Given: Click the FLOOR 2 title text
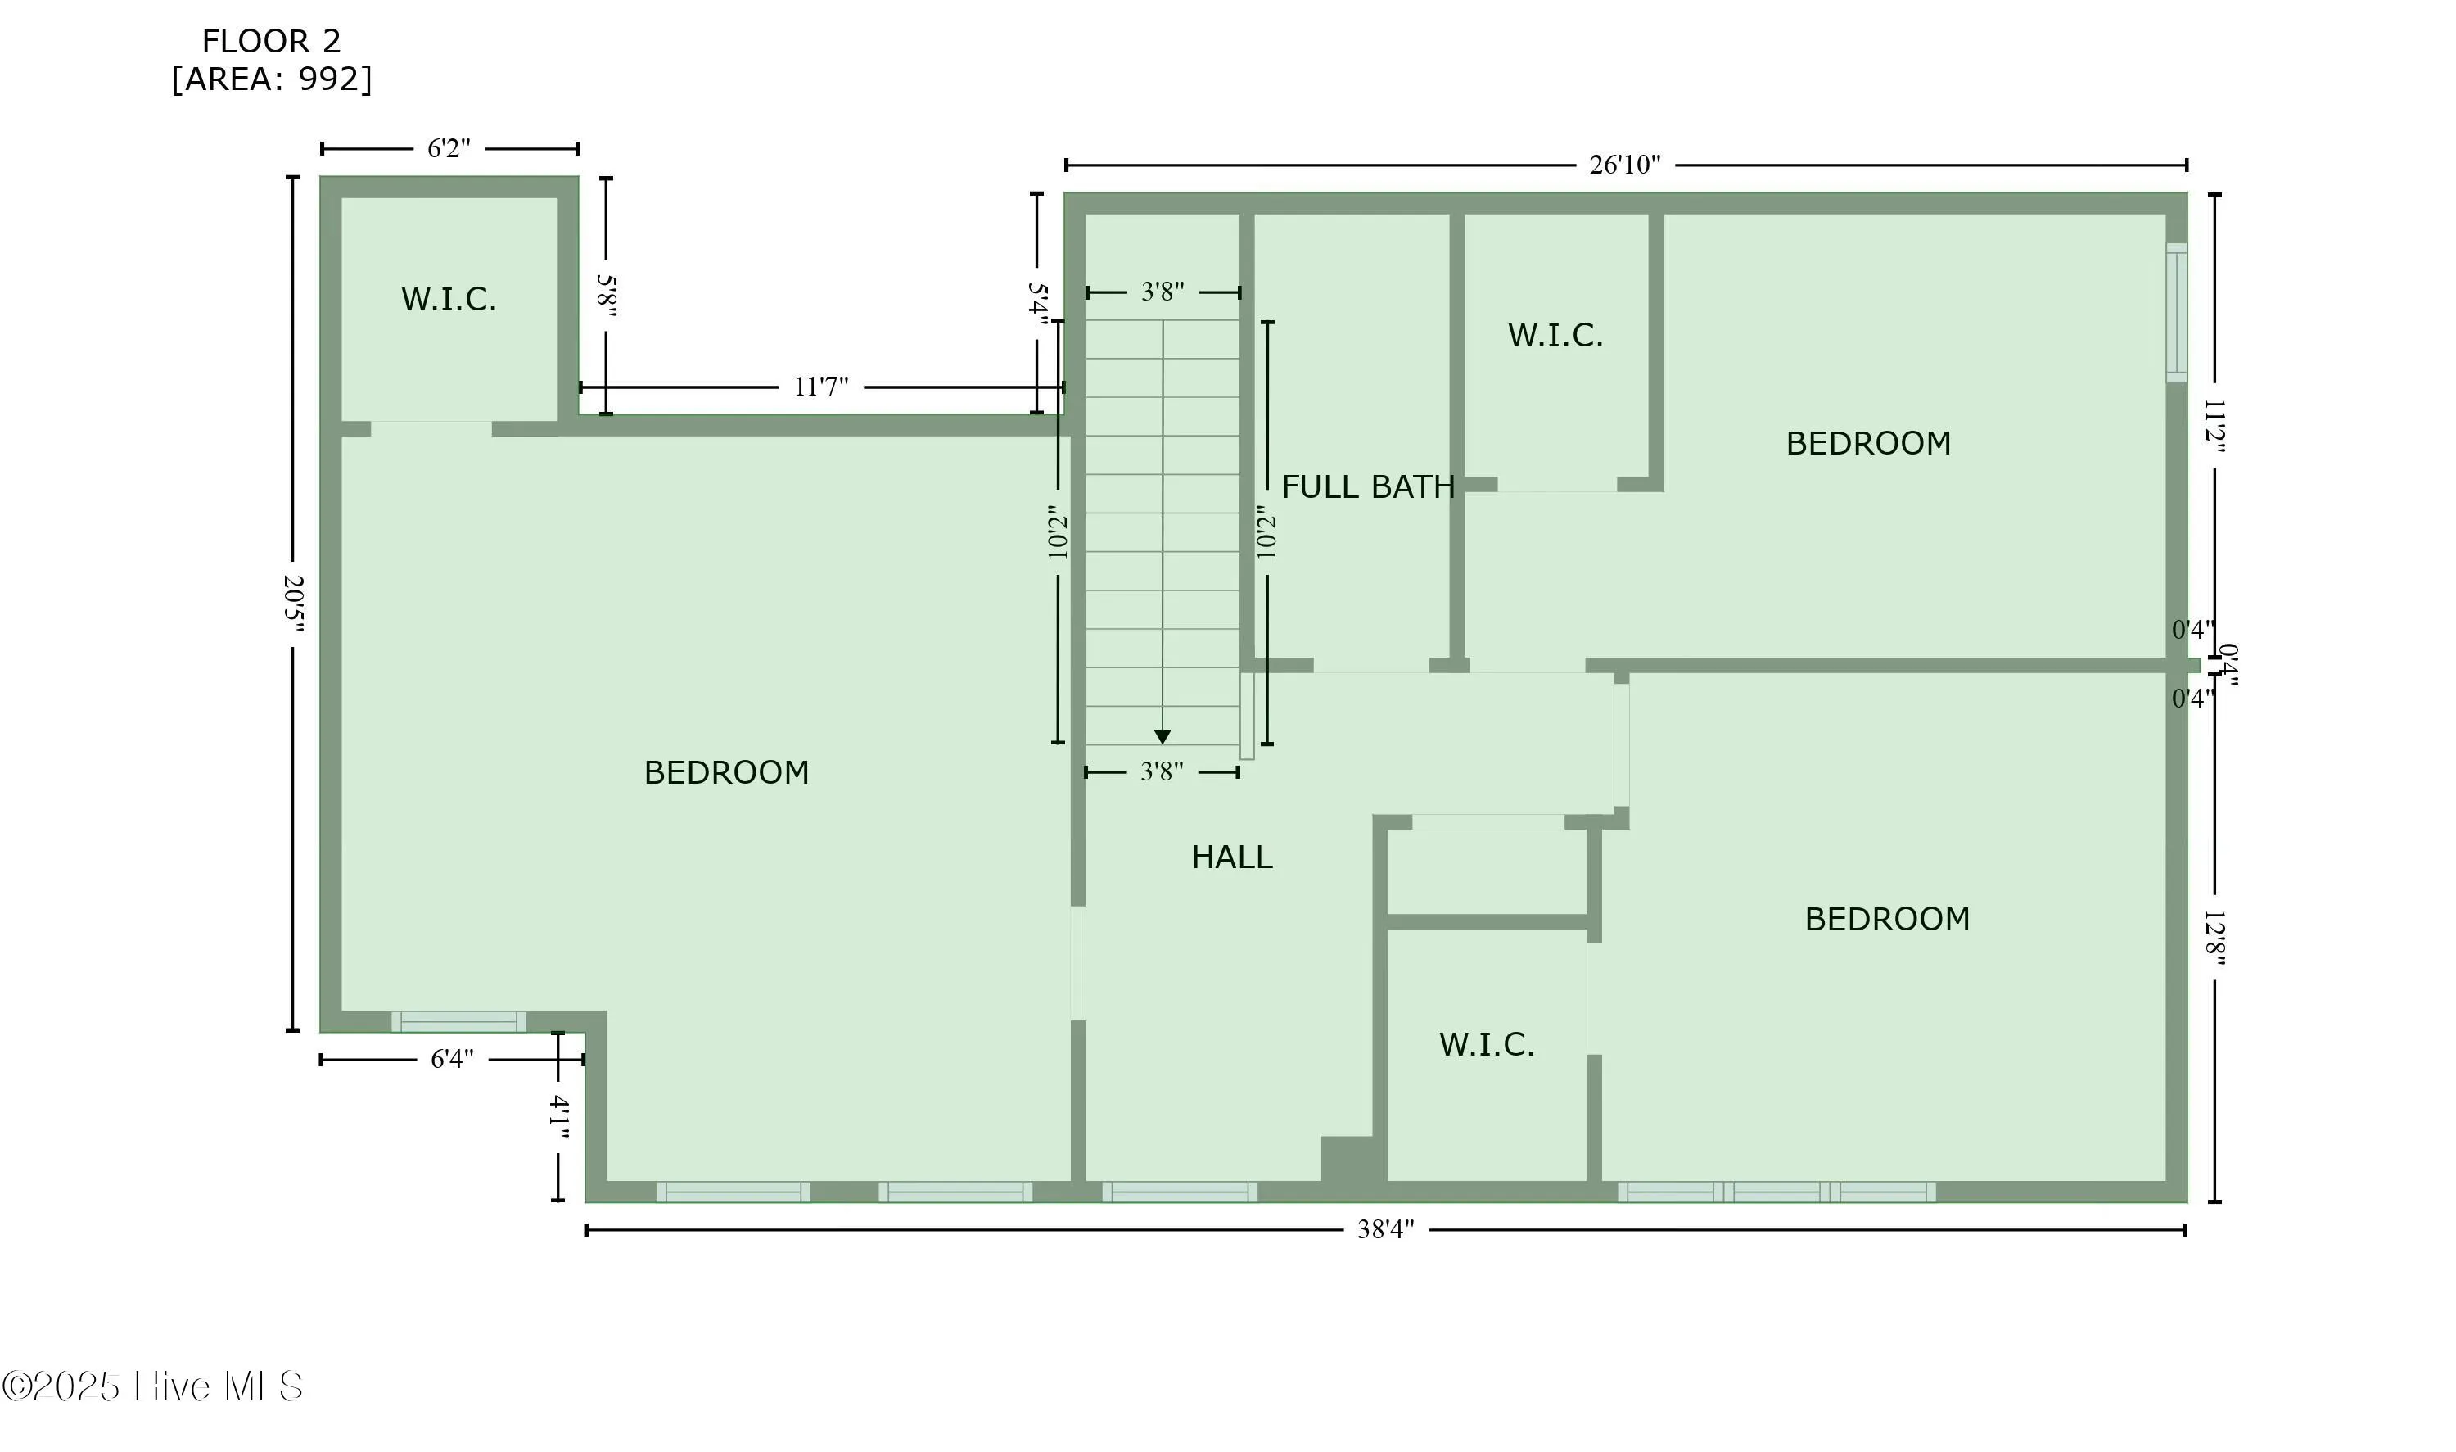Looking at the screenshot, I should coord(271,41).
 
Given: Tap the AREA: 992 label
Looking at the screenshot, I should coord(271,79).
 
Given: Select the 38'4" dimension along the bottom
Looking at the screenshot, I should coord(1384,1230).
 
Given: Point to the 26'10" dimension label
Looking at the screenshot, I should coord(1623,165).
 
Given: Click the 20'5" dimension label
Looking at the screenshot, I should coord(293,603).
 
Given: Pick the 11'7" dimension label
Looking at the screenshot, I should coord(820,387).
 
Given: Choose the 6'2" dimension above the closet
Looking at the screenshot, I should coord(449,149).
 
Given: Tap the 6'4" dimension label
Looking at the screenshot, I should coord(452,1059).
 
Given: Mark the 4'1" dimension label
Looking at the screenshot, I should coord(558,1116).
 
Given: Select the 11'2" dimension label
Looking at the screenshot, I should coord(2214,426).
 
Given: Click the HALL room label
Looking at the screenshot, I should coord(1231,858).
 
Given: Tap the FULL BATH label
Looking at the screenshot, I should coord(1367,487).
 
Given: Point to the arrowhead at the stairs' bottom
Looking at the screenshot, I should coord(1162,737).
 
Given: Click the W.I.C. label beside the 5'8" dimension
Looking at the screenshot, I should coord(449,300).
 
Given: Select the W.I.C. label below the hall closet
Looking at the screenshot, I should coord(1486,1045).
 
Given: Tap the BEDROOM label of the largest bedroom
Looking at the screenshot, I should coord(725,773).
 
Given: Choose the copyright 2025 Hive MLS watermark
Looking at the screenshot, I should coord(152,1386).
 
